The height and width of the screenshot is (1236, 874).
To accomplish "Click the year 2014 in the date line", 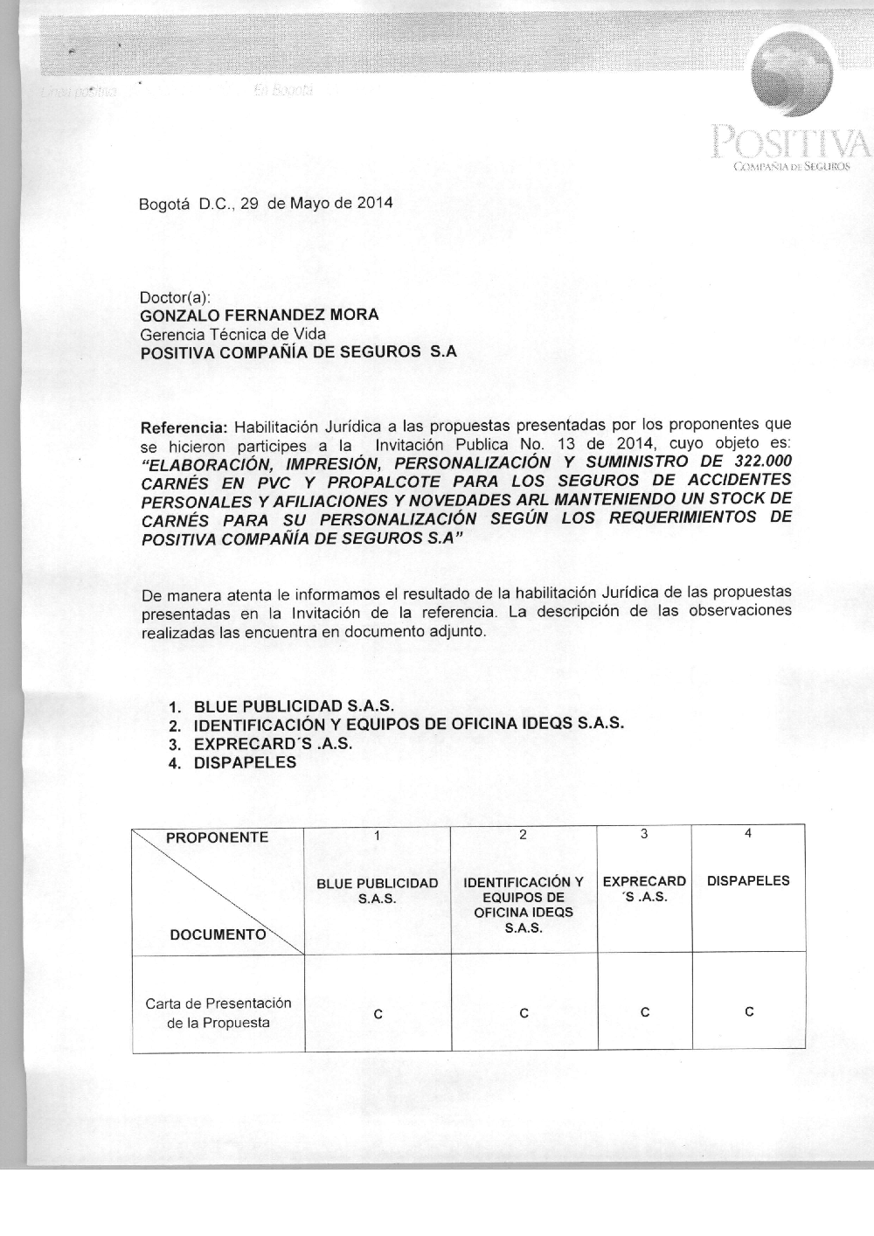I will click(x=374, y=204).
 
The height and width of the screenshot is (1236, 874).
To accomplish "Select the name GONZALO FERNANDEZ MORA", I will click(x=260, y=316).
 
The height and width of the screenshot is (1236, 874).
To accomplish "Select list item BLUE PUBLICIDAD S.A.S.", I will click(x=294, y=706).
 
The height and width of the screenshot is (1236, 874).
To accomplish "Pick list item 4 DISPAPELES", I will click(x=245, y=762).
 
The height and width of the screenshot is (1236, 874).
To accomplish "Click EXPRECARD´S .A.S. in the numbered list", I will click(x=273, y=744).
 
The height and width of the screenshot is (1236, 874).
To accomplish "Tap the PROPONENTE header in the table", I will click(x=217, y=837).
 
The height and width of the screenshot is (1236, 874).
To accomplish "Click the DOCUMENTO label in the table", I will click(x=218, y=934).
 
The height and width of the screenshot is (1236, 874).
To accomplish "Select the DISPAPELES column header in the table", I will click(x=748, y=881).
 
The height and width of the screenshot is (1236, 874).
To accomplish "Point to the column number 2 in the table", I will click(x=523, y=835).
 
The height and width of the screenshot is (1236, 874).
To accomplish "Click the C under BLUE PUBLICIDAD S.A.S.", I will click(x=378, y=1014).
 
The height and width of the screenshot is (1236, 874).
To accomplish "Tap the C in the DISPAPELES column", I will click(x=749, y=1012).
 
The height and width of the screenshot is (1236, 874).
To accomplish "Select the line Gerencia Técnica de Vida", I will click(x=232, y=334).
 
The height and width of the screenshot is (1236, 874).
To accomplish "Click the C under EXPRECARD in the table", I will click(x=644, y=1012).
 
